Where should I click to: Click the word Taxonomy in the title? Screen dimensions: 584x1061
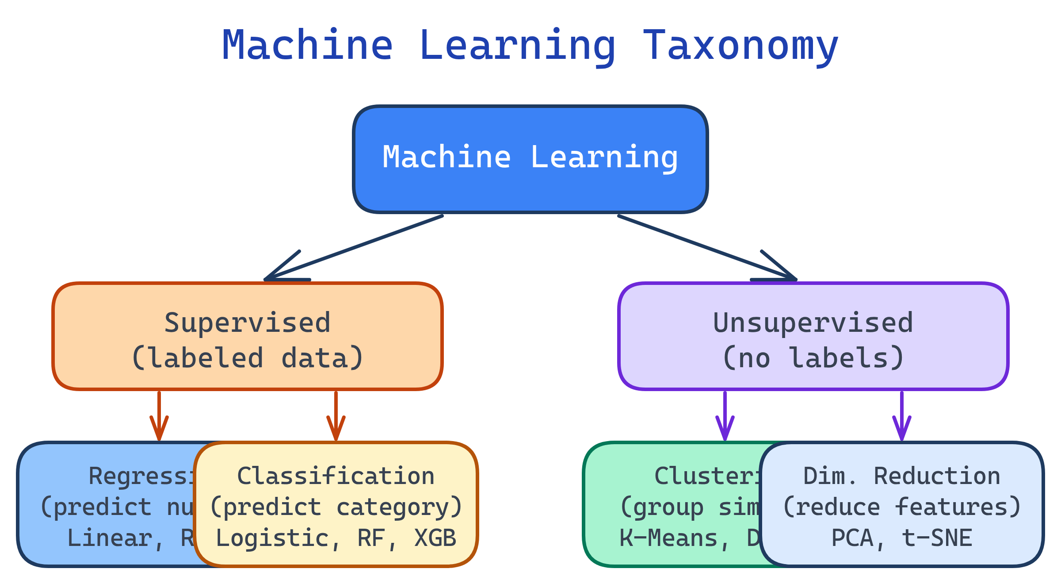tap(740, 46)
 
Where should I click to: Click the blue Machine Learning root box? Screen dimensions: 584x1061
tap(530, 186)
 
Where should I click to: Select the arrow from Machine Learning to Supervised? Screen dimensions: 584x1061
tap(354, 248)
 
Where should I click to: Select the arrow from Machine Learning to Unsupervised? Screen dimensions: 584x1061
tap(707, 248)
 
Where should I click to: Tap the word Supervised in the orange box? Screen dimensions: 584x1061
tap(247, 323)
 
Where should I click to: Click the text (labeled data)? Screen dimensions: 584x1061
tap(247, 358)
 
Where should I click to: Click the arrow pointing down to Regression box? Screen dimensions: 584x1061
tap(159, 416)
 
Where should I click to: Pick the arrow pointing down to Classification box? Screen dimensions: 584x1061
tap(336, 416)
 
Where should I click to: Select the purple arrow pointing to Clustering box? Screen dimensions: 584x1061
tap(725, 416)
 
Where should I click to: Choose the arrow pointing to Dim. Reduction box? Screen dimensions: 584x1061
tap(902, 416)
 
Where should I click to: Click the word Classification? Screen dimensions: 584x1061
tap(336, 476)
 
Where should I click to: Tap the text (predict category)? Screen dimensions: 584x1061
tap(336, 507)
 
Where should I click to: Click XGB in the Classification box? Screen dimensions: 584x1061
tap(435, 538)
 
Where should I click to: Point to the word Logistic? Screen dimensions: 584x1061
tap(272, 538)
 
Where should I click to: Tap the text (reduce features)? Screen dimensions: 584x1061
tap(901, 507)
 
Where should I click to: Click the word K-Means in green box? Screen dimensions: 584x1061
tap(668, 538)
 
